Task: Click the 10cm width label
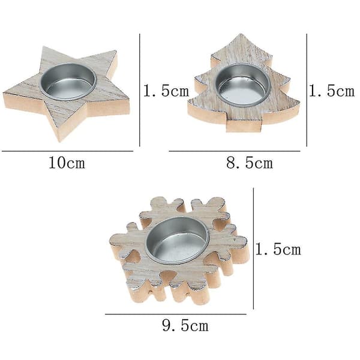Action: pos(67,163)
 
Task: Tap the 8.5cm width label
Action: pos(250,163)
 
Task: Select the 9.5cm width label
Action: pos(185,325)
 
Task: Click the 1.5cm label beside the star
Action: pos(166,91)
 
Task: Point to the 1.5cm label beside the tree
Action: pos(332,91)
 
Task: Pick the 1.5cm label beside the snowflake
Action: pos(278,249)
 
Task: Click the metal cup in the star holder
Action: pos(68,82)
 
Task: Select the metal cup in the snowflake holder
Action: pos(178,240)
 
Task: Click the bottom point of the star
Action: pos(59,142)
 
